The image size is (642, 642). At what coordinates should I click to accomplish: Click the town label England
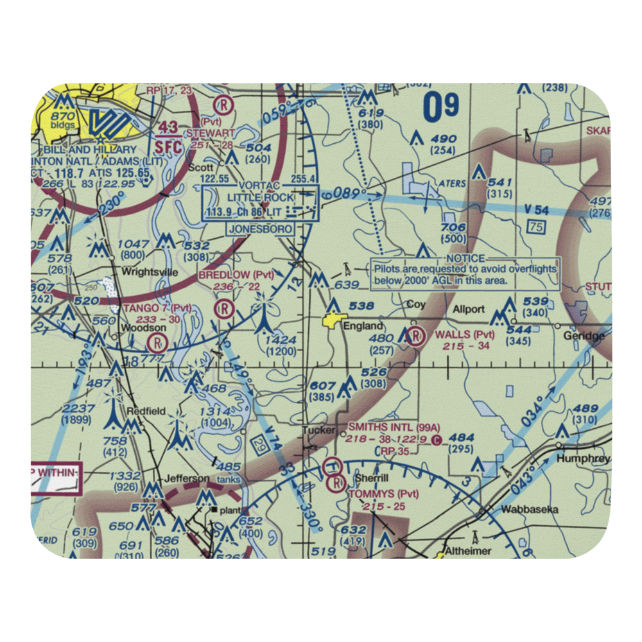tap(363, 325)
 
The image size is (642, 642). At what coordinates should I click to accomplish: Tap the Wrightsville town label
tap(150, 272)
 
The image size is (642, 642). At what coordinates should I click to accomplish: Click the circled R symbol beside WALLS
tap(415, 335)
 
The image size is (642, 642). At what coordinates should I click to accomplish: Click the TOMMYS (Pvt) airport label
tap(383, 494)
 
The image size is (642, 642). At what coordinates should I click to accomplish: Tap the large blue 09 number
tap(441, 106)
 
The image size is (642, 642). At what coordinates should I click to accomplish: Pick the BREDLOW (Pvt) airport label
tap(236, 275)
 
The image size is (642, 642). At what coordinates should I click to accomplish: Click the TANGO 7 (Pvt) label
tap(157, 308)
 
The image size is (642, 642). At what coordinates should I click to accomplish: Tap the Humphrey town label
tap(583, 459)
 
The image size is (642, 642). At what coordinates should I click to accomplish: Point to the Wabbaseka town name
tap(530, 510)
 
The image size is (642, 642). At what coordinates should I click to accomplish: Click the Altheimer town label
tap(469, 551)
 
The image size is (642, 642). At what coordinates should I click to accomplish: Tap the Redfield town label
tap(146, 411)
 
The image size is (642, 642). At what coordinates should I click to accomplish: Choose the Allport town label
tap(469, 309)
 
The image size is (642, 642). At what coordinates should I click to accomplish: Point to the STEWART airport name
tap(210, 133)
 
